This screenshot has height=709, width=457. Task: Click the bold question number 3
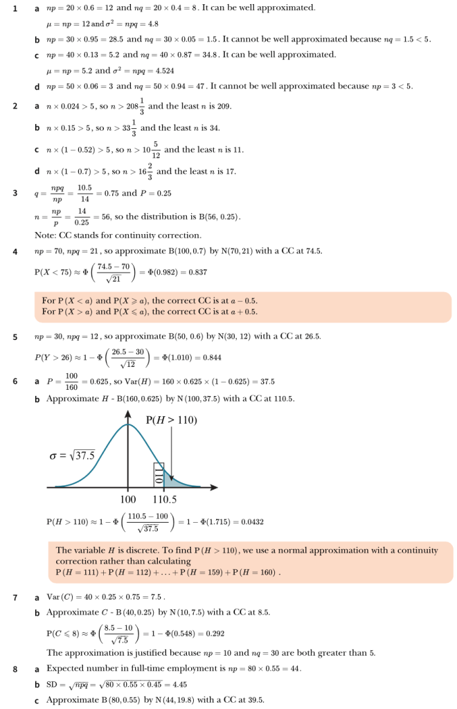pos(15,192)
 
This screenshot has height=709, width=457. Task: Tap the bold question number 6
pos(15,382)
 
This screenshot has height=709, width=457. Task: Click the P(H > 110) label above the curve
pos(172,420)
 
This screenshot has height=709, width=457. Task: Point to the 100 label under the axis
pos(128,499)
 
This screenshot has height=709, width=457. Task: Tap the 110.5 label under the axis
pos(164,499)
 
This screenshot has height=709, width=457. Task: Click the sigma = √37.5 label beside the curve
pos(72,455)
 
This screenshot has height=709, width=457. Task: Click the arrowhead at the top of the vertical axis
pos(128,413)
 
